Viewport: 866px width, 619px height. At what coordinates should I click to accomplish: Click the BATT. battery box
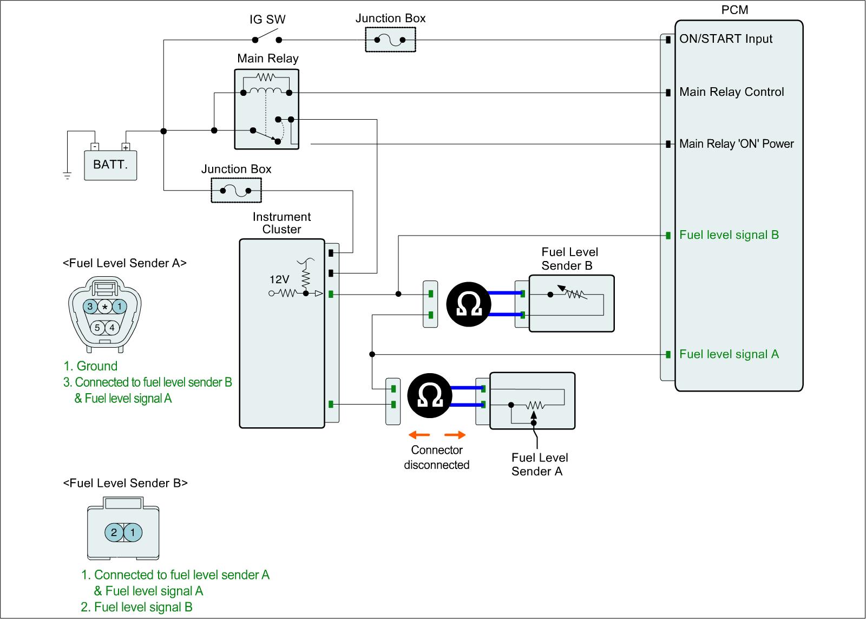[110, 164]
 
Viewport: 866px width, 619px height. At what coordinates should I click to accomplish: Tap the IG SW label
[267, 20]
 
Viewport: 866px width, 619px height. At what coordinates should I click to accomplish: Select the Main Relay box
[267, 109]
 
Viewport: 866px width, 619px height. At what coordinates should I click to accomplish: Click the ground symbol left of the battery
[67, 175]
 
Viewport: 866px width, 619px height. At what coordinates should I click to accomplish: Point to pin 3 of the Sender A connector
[90, 307]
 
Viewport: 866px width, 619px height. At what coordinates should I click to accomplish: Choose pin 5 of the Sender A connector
[97, 328]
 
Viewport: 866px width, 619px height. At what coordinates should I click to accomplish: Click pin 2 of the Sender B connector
[114, 532]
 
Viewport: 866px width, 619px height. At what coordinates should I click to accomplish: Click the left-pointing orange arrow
[419, 434]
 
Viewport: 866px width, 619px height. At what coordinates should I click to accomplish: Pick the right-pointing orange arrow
[455, 434]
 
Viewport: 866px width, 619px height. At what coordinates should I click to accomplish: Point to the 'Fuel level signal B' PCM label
[729, 235]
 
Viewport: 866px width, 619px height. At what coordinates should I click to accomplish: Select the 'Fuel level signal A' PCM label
[729, 354]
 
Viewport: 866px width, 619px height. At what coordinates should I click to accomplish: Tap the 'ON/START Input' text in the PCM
[726, 39]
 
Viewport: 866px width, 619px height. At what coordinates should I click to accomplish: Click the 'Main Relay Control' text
[731, 92]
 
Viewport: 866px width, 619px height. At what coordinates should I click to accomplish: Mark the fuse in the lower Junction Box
[236, 191]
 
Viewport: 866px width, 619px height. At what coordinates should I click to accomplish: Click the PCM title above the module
[735, 10]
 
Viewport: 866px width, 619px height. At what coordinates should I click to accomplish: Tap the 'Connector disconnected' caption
[437, 458]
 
